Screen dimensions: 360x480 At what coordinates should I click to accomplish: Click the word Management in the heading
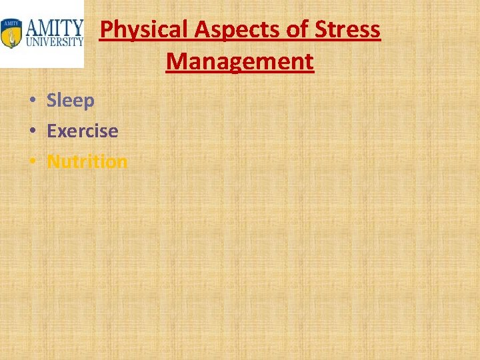(x=240, y=61)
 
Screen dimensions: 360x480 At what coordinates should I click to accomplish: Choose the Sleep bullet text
(x=71, y=101)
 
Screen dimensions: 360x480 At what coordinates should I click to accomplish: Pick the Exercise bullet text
(x=82, y=131)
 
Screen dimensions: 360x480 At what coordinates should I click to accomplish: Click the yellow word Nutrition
(x=87, y=161)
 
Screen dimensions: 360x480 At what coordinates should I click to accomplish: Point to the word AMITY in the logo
(x=55, y=27)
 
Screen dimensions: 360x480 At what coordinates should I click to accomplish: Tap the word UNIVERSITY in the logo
(x=55, y=41)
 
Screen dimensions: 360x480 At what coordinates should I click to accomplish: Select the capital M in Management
(x=176, y=61)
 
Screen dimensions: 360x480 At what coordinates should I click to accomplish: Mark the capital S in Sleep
(x=51, y=101)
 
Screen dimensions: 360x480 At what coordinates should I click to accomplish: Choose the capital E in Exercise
(x=51, y=131)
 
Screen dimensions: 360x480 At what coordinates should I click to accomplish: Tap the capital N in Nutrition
(x=53, y=161)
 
